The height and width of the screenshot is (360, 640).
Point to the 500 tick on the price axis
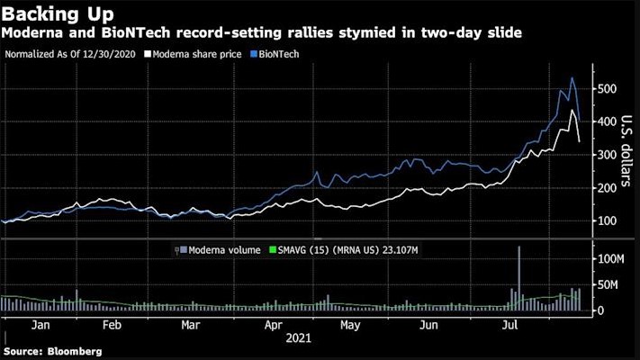609,88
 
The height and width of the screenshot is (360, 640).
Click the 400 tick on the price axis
609,121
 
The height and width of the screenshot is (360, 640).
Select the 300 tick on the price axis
609,155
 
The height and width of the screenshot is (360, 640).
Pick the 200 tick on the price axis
609,188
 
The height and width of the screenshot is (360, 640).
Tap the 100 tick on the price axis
609,221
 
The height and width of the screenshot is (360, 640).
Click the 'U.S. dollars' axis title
626,154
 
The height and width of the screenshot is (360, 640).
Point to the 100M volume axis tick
613,259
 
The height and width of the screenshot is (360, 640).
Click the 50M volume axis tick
610,285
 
